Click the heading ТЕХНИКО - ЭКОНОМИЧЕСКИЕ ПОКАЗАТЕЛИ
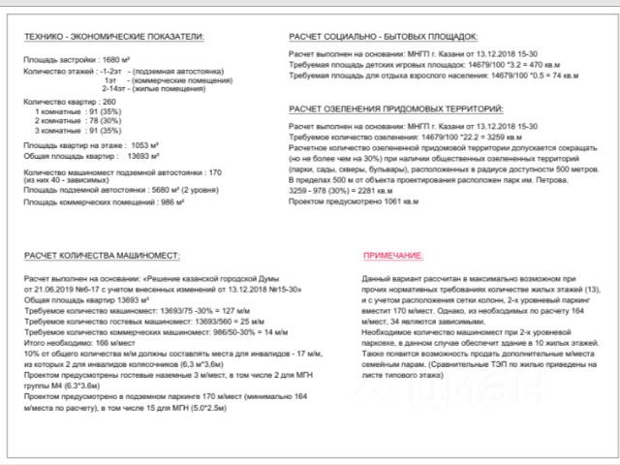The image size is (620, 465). [113, 37]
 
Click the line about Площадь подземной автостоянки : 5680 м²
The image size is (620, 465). [117, 190]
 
